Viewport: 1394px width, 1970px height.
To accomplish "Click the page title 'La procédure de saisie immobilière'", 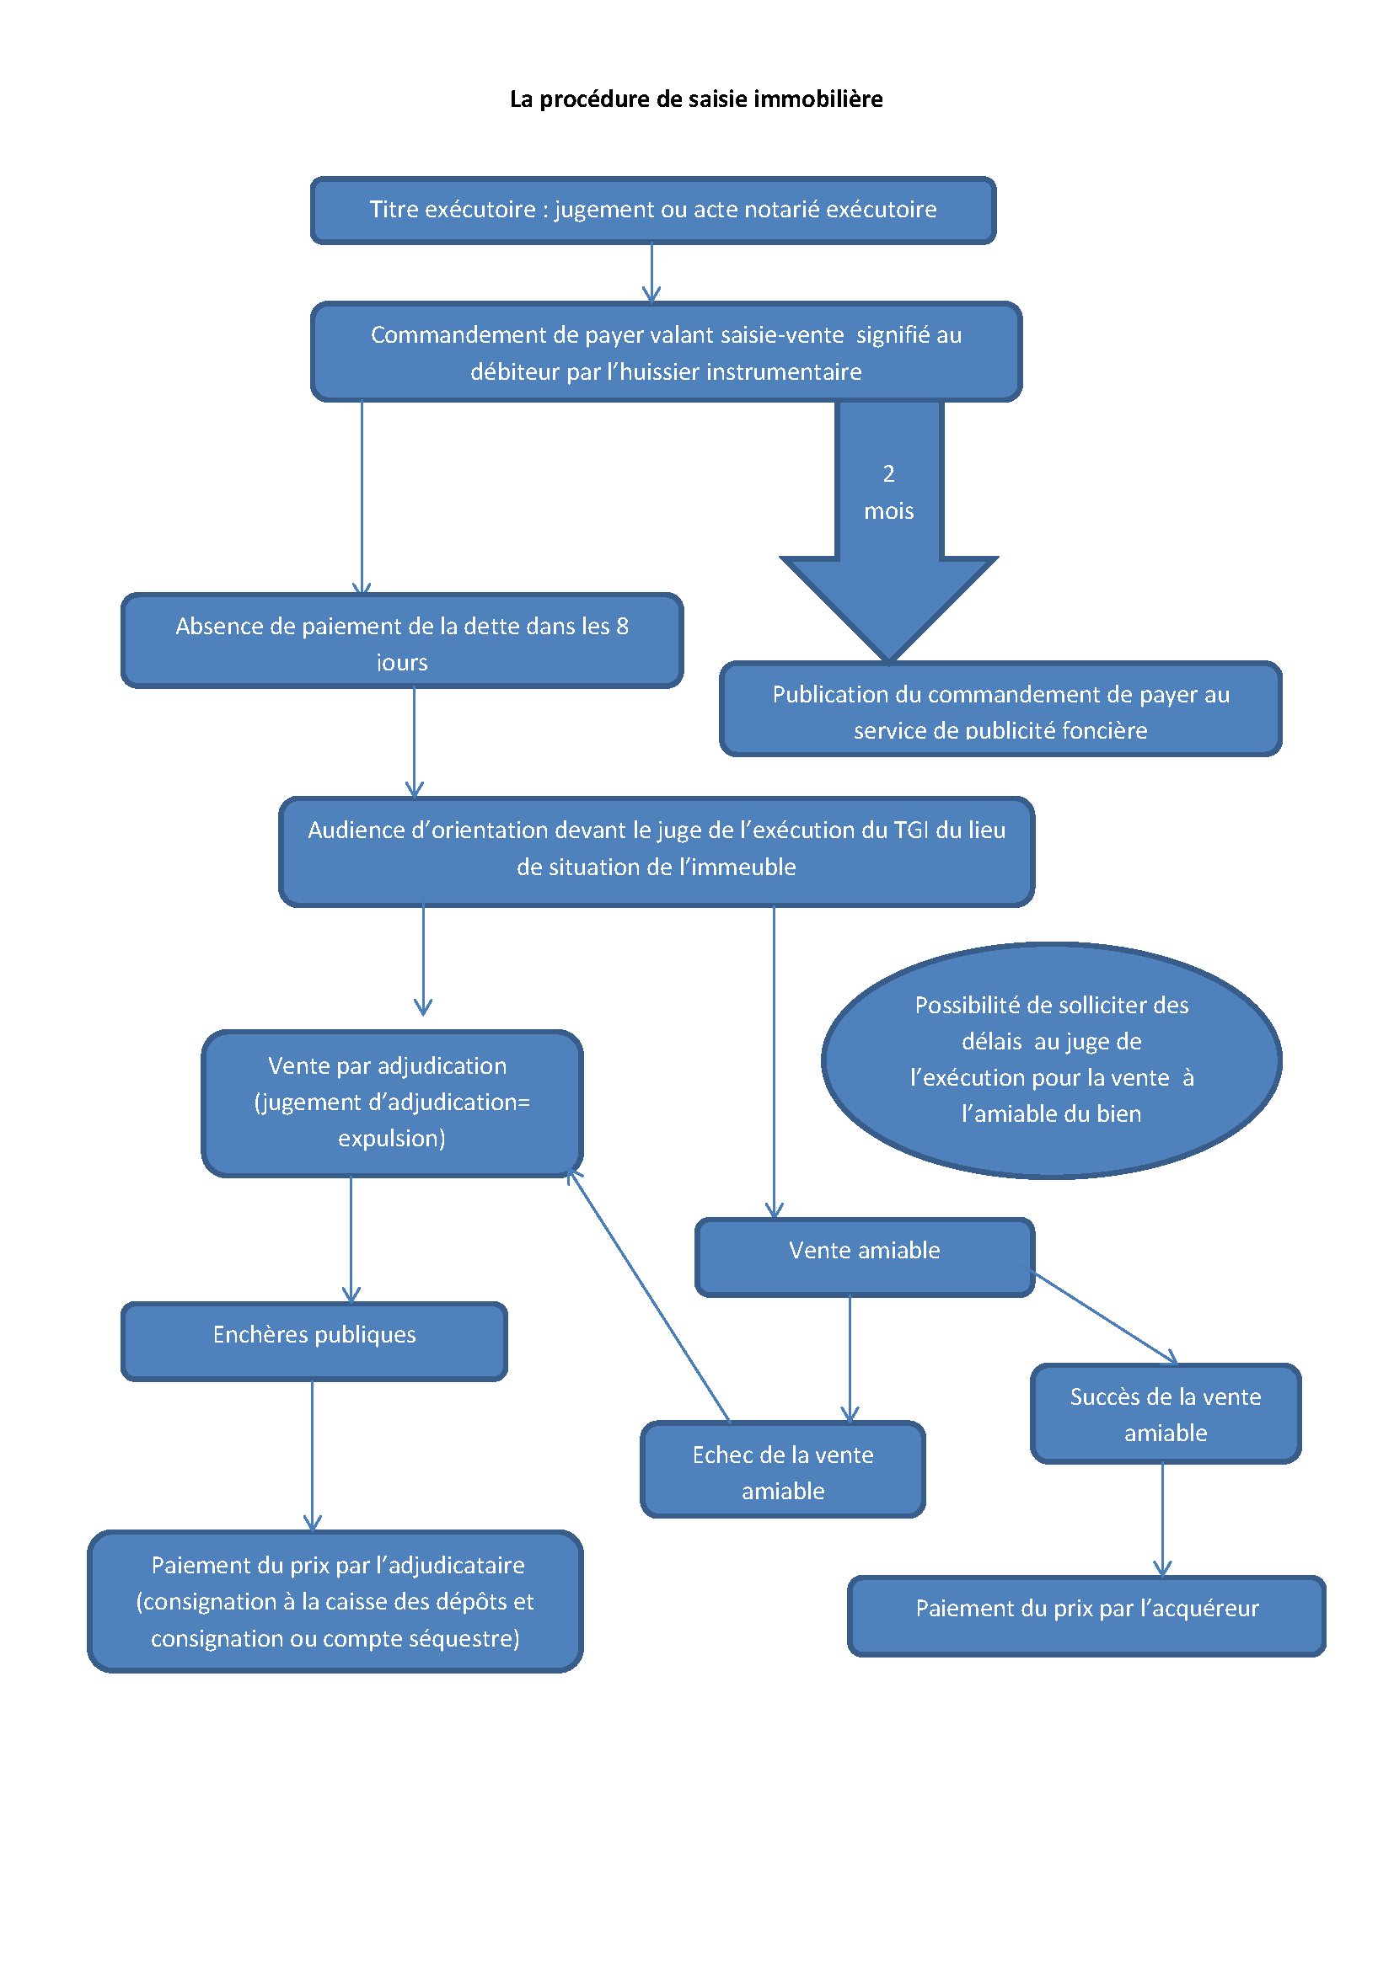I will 696,99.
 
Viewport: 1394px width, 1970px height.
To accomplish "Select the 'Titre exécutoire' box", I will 652,211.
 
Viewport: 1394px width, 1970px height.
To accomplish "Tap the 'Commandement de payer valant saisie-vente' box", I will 666,353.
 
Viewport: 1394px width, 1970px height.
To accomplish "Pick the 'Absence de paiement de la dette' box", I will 402,641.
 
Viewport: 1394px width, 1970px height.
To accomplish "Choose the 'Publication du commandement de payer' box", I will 1001,709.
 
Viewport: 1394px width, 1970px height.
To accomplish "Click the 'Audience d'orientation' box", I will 657,852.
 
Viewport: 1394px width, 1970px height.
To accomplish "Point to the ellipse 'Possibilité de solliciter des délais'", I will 1052,1060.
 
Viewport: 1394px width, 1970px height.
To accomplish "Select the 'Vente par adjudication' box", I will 391,1102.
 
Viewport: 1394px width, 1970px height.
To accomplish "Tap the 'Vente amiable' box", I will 865,1256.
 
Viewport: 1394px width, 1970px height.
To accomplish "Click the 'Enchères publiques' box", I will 314,1341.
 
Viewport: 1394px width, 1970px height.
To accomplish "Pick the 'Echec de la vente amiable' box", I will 783,1470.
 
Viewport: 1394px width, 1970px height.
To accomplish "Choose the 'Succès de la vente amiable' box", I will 1166,1413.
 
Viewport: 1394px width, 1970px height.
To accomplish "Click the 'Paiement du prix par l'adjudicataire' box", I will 335,1601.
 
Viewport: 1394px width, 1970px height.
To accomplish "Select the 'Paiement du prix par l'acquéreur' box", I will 1086,1615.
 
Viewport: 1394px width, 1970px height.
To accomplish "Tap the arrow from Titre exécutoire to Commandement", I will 651,273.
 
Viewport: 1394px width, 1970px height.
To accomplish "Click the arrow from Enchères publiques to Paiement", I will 313,1455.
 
